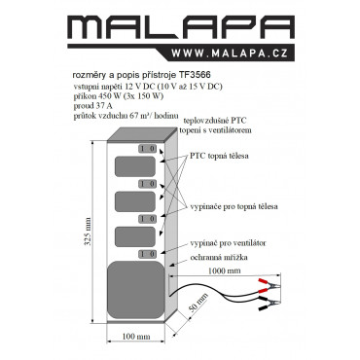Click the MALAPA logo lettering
[181, 28]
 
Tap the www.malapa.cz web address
[230, 54]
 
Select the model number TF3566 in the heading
[195, 75]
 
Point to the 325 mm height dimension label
[88, 232]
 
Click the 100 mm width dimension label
[136, 337]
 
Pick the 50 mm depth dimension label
[198, 303]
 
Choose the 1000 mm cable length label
[224, 270]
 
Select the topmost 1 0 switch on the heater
[148, 149]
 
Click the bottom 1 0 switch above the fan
[148, 254]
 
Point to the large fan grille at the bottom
[135, 290]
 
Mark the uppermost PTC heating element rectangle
[135, 166]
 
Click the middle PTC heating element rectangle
[135, 201]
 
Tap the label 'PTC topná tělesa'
[219, 156]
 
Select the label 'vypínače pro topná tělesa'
[234, 206]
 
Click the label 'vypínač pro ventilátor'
[228, 243]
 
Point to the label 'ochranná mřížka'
[219, 258]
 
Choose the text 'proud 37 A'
[93, 106]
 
